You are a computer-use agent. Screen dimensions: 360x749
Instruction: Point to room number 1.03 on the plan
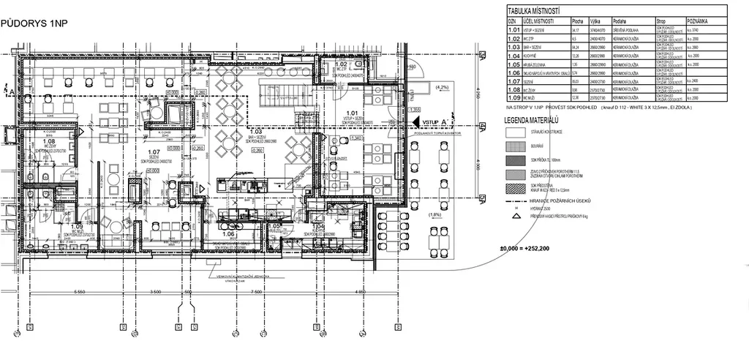tap(257, 132)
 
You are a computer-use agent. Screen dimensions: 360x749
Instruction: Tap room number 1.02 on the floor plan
tap(341, 64)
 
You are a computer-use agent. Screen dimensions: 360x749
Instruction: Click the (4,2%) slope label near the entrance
tap(442, 87)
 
